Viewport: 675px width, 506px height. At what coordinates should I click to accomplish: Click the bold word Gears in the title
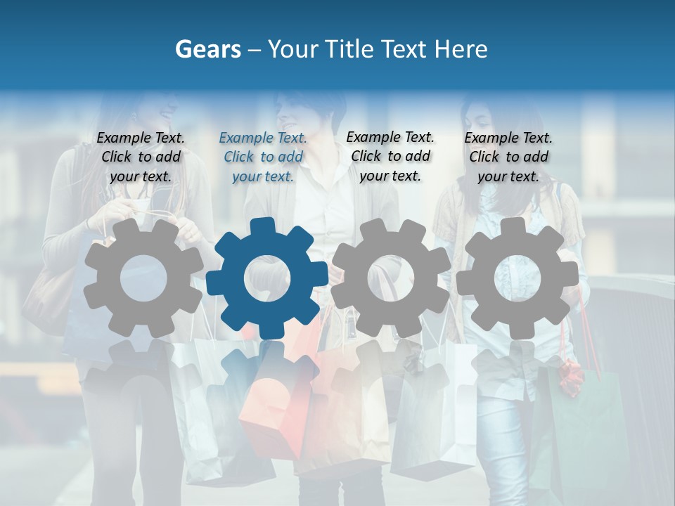click(x=206, y=49)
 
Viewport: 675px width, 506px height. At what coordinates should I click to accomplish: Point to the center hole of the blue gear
click(x=266, y=278)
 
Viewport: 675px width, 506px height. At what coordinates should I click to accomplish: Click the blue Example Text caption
click(x=263, y=157)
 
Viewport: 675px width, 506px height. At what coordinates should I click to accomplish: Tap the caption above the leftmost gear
click(x=141, y=157)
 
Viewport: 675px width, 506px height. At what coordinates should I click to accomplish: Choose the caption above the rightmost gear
click(x=508, y=157)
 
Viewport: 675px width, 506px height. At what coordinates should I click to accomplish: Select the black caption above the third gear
click(x=390, y=156)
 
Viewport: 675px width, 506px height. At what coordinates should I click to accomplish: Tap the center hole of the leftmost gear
click(x=143, y=278)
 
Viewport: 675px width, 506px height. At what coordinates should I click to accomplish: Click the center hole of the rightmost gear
click(x=517, y=278)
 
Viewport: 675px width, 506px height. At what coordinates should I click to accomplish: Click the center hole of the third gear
click(x=391, y=278)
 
